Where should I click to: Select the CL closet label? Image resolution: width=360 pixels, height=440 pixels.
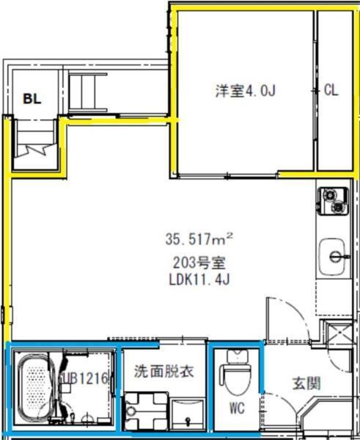(x=331, y=91)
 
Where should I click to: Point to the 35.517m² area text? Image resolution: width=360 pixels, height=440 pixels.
(x=199, y=238)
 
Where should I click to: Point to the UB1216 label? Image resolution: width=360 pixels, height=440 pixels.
(x=87, y=379)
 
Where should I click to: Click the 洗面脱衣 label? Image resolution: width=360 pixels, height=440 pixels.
(x=163, y=371)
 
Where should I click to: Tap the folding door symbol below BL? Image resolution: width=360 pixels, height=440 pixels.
(x=33, y=150)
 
